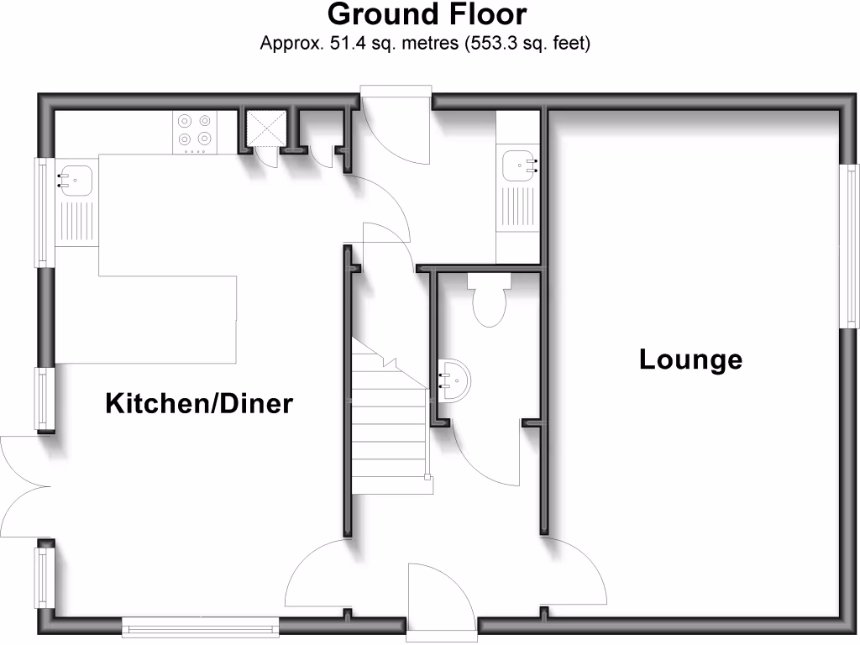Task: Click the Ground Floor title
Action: (x=427, y=15)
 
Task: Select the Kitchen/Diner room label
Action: (x=199, y=404)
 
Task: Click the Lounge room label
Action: (x=690, y=360)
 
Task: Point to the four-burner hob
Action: (x=194, y=132)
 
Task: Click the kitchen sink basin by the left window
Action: (x=77, y=179)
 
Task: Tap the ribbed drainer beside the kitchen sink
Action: (x=76, y=223)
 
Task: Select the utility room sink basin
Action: (x=519, y=165)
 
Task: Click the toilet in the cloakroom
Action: (x=489, y=303)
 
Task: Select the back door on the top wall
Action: (x=395, y=126)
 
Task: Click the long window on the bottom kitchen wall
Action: (x=200, y=624)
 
